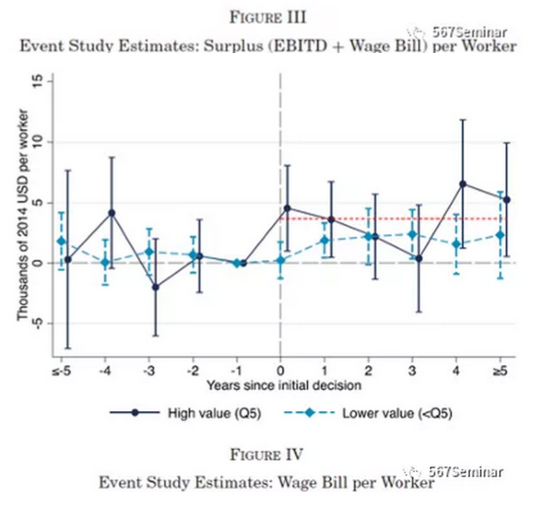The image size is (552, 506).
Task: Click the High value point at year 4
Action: coord(463,184)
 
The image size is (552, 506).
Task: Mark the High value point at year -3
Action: coord(156,287)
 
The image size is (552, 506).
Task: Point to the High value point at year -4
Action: coord(112,213)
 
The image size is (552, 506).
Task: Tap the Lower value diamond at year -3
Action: coord(149,251)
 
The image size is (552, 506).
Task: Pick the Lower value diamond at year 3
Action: coord(412,234)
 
